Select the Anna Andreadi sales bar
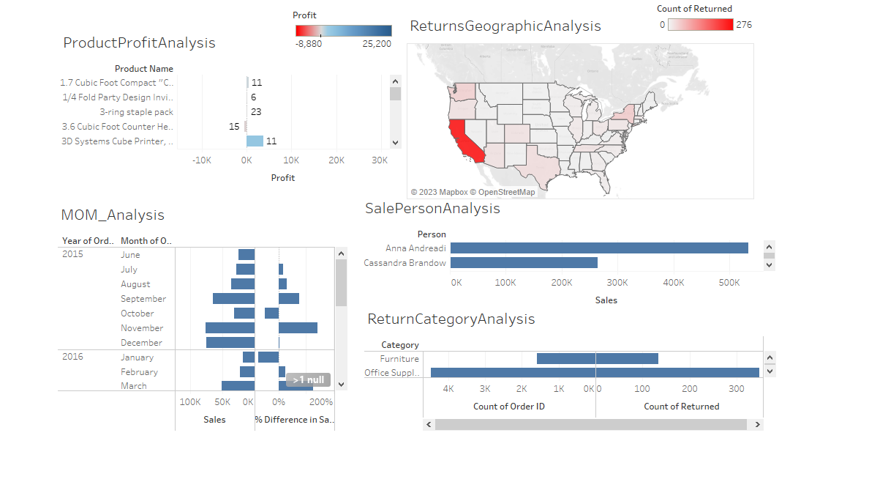(599, 248)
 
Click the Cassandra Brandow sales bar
(524, 262)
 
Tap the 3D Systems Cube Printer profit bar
(255, 141)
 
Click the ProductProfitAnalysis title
(139, 42)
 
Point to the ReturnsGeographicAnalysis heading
(505, 26)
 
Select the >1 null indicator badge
(308, 380)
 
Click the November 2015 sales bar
(230, 328)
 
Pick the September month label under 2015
(143, 299)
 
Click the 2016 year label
(72, 357)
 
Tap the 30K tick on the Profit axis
(381, 160)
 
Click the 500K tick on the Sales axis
(729, 282)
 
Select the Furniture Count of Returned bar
(627, 358)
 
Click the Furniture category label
(399, 359)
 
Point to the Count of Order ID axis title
(509, 407)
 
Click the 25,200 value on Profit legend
(377, 44)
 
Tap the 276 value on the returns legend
(744, 25)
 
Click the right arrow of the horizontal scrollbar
(757, 424)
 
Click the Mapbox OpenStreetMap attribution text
(473, 192)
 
